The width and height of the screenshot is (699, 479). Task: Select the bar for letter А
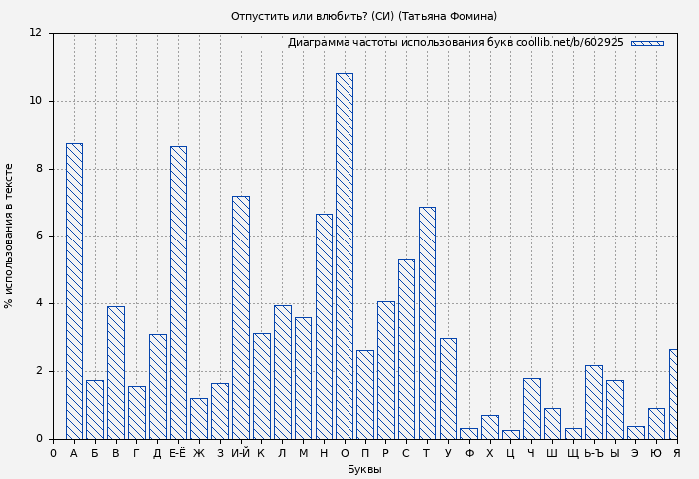[74, 290]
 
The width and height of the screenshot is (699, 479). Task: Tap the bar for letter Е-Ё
[178, 292]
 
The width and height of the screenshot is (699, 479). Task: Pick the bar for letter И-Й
[240, 317]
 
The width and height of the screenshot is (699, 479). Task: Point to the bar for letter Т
[427, 322]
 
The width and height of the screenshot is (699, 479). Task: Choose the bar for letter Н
[324, 326]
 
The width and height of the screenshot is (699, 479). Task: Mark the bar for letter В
[115, 372]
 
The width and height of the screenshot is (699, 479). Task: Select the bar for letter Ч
[531, 408]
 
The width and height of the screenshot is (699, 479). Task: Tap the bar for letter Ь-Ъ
[594, 402]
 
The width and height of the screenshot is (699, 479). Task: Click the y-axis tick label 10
[35, 101]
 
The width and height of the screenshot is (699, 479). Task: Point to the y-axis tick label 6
[38, 236]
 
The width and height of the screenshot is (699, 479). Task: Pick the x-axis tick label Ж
[199, 454]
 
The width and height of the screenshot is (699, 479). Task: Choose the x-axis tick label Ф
[469, 454]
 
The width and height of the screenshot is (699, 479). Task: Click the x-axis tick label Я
[676, 454]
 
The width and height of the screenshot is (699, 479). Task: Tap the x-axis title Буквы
[364, 470]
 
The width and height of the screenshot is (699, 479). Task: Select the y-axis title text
[10, 236]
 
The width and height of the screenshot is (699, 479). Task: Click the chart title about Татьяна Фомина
[363, 16]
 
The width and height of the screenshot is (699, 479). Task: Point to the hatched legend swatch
[647, 43]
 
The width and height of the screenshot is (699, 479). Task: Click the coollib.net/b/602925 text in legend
[569, 43]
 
